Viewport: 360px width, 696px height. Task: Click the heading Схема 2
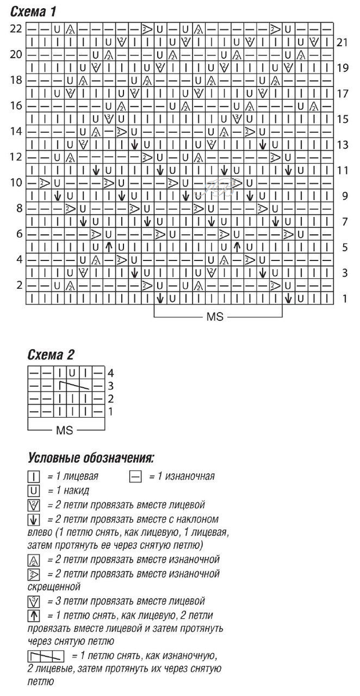tap(51, 354)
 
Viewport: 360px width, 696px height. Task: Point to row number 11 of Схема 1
tap(344, 171)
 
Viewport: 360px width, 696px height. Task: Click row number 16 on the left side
tap(16, 106)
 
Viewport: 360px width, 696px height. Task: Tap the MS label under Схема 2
tap(64, 431)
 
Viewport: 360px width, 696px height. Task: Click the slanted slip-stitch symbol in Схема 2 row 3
tap(72, 386)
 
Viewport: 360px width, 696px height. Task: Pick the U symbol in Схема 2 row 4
tap(72, 372)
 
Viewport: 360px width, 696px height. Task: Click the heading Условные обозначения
tap(90, 458)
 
